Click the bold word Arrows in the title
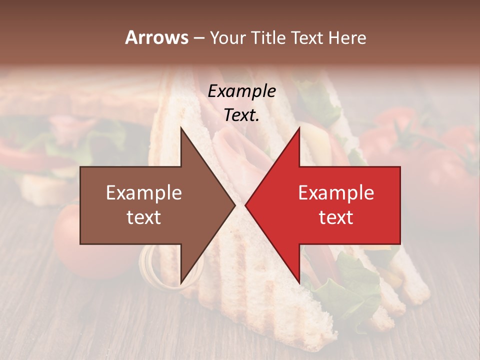(x=156, y=37)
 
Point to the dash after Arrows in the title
(x=198, y=38)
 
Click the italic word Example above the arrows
(x=242, y=91)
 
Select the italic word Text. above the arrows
(x=242, y=115)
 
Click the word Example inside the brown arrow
(x=144, y=193)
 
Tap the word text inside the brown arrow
(x=144, y=217)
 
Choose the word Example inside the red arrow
(x=336, y=193)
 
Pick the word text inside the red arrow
(x=336, y=217)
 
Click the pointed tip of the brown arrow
(x=235, y=205)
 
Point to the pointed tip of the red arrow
(x=245, y=205)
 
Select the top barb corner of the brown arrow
(x=181, y=128)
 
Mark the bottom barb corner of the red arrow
(x=299, y=283)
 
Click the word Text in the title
(x=305, y=37)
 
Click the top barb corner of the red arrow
(x=299, y=128)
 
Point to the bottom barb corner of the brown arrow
(x=181, y=283)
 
